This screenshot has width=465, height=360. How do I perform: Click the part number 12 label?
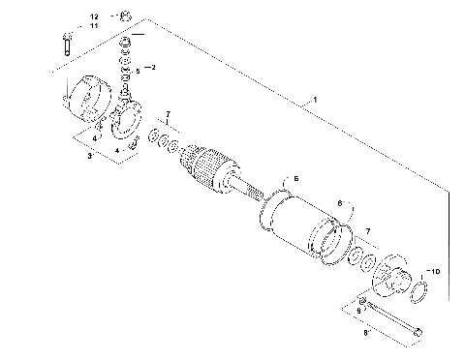(x=94, y=17)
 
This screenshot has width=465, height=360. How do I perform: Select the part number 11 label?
(x=94, y=26)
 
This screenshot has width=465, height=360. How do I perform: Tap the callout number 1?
(x=312, y=101)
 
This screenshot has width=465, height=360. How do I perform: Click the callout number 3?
(x=89, y=155)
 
